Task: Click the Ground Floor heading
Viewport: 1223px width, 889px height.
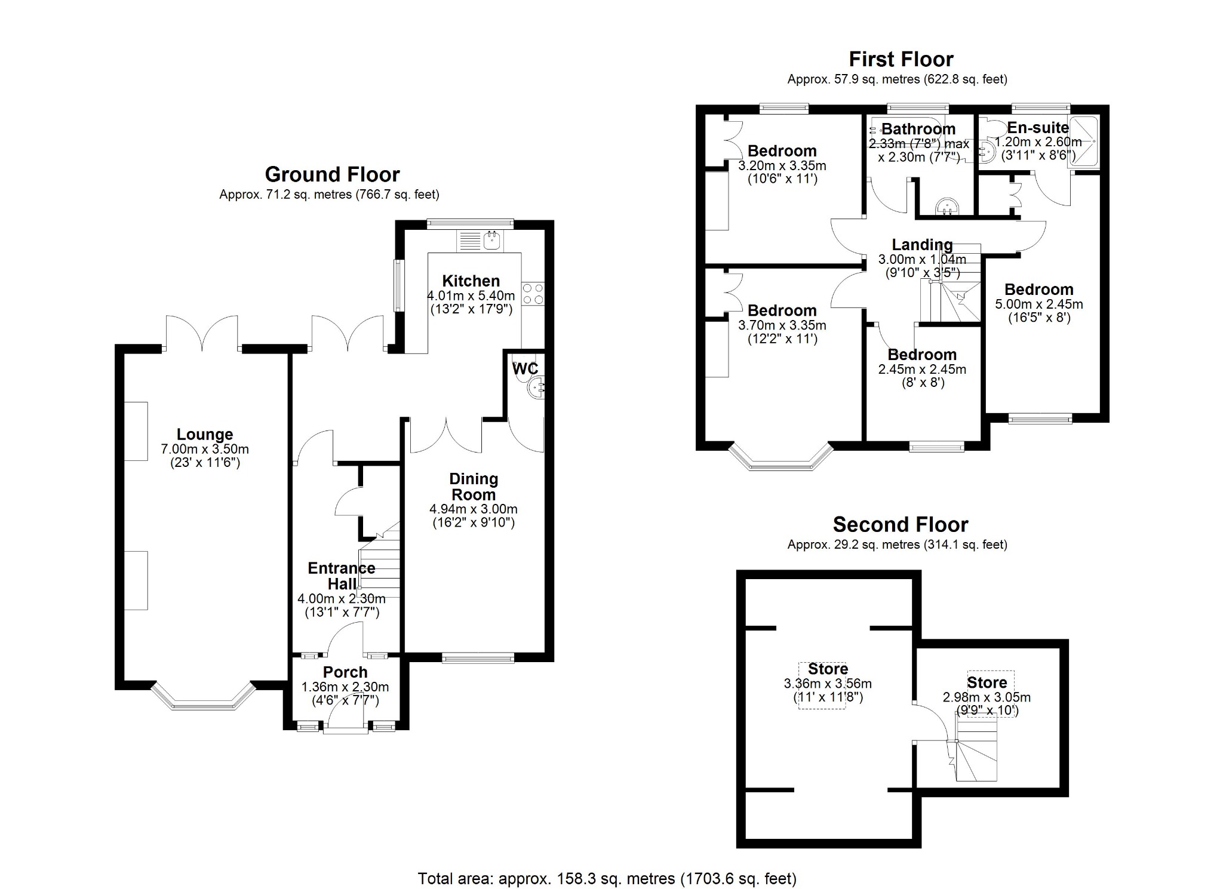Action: click(332, 174)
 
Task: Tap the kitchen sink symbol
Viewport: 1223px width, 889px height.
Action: click(493, 241)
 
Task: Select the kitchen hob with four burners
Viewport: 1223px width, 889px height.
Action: click(533, 293)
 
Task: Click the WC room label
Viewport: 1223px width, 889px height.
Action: click(525, 368)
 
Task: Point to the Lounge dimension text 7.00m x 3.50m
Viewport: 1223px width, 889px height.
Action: click(205, 449)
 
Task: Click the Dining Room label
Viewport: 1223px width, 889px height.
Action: click(474, 487)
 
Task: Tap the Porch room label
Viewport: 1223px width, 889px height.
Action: click(345, 672)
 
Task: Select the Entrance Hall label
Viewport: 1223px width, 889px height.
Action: click(342, 576)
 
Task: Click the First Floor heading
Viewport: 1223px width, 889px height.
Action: click(901, 60)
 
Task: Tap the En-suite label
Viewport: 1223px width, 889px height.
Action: click(1038, 128)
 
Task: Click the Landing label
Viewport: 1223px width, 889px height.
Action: click(922, 245)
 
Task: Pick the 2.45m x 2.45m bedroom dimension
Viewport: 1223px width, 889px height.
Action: click(922, 369)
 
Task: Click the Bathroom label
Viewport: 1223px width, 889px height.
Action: click(918, 129)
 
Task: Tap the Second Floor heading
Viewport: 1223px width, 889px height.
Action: click(901, 525)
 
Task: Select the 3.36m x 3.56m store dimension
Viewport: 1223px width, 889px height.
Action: click(828, 684)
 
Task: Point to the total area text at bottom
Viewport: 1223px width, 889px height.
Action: click(607, 879)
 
